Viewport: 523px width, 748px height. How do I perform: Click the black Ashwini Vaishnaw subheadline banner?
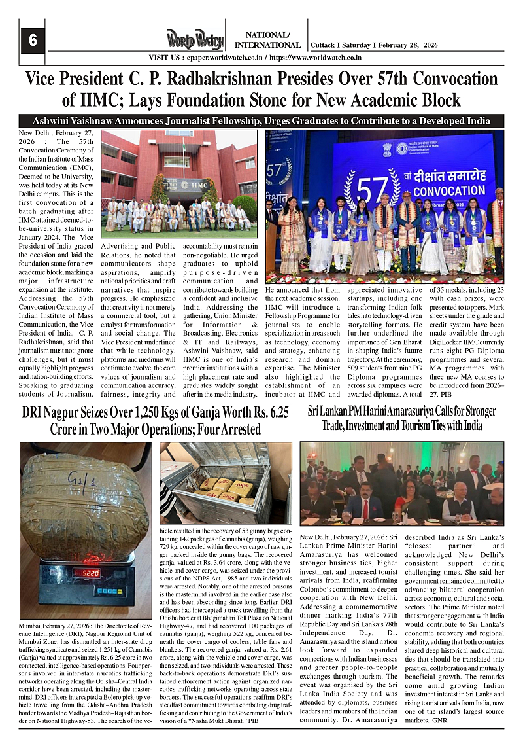[261, 121]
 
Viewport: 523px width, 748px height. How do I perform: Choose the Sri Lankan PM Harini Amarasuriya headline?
[401, 418]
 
